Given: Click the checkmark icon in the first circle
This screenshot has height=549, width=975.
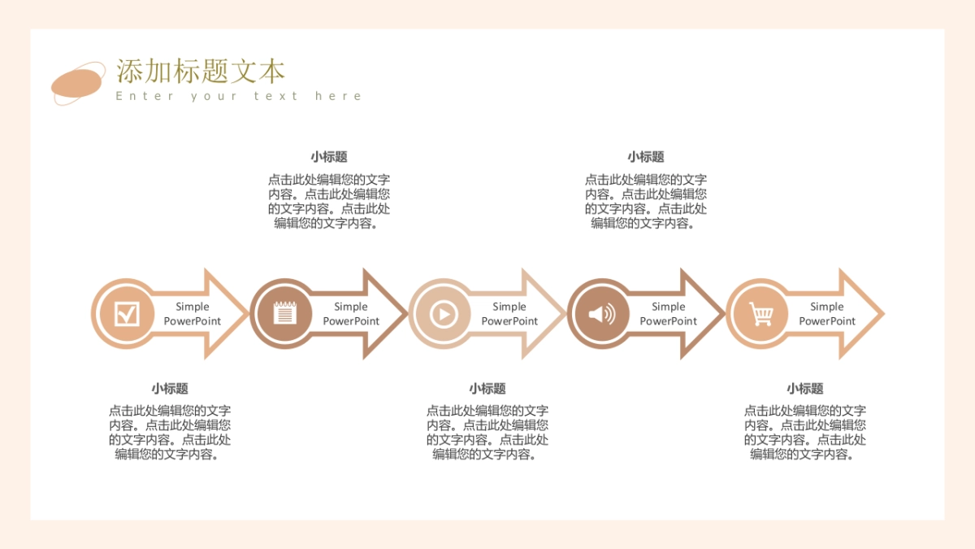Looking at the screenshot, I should (127, 313).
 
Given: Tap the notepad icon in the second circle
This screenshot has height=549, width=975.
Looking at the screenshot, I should (285, 313).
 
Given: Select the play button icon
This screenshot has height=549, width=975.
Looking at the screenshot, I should (444, 313).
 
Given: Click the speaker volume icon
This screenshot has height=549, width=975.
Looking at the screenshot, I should (602, 313).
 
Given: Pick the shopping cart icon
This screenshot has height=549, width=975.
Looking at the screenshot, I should (761, 313).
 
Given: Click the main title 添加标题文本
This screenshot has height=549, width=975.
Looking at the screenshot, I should (201, 72).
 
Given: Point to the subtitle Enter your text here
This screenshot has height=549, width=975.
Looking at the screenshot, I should (238, 96).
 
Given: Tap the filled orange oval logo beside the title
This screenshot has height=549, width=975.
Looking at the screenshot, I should (77, 83).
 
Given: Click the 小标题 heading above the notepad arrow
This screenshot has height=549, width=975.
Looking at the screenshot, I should (328, 157).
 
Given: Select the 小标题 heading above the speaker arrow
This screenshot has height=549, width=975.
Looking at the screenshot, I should (645, 157).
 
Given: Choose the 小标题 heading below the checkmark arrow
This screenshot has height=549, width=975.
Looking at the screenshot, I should (169, 389).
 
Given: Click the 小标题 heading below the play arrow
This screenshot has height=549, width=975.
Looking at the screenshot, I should (487, 389).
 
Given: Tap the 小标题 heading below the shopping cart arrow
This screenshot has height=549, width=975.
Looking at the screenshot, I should (804, 389).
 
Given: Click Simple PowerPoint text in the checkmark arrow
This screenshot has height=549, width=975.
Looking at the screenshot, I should (193, 314).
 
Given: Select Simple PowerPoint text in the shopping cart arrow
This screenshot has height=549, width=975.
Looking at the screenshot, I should (827, 314).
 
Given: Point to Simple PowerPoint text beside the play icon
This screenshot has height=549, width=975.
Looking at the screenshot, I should (509, 314).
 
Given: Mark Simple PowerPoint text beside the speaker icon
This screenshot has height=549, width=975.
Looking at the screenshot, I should (668, 314).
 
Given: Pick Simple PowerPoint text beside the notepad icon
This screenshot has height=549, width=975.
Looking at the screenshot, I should (351, 314).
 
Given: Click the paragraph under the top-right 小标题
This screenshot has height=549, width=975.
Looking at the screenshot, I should (645, 202).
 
